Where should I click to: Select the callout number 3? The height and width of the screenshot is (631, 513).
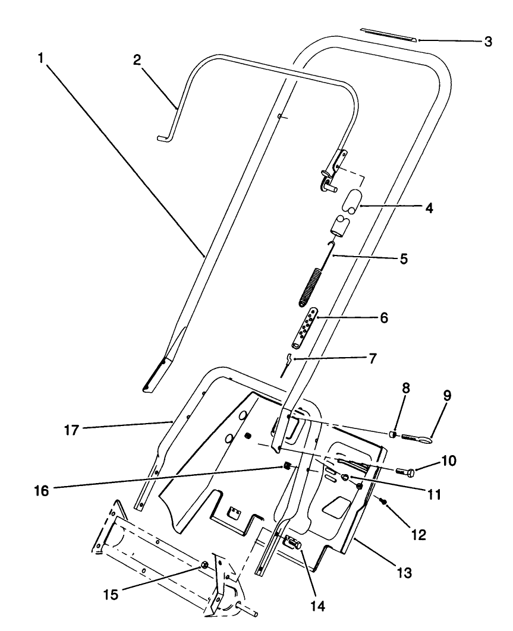[x=487, y=42]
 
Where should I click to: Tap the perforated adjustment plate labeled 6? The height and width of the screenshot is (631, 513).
[x=306, y=329]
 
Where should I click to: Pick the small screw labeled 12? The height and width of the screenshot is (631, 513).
[x=384, y=502]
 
